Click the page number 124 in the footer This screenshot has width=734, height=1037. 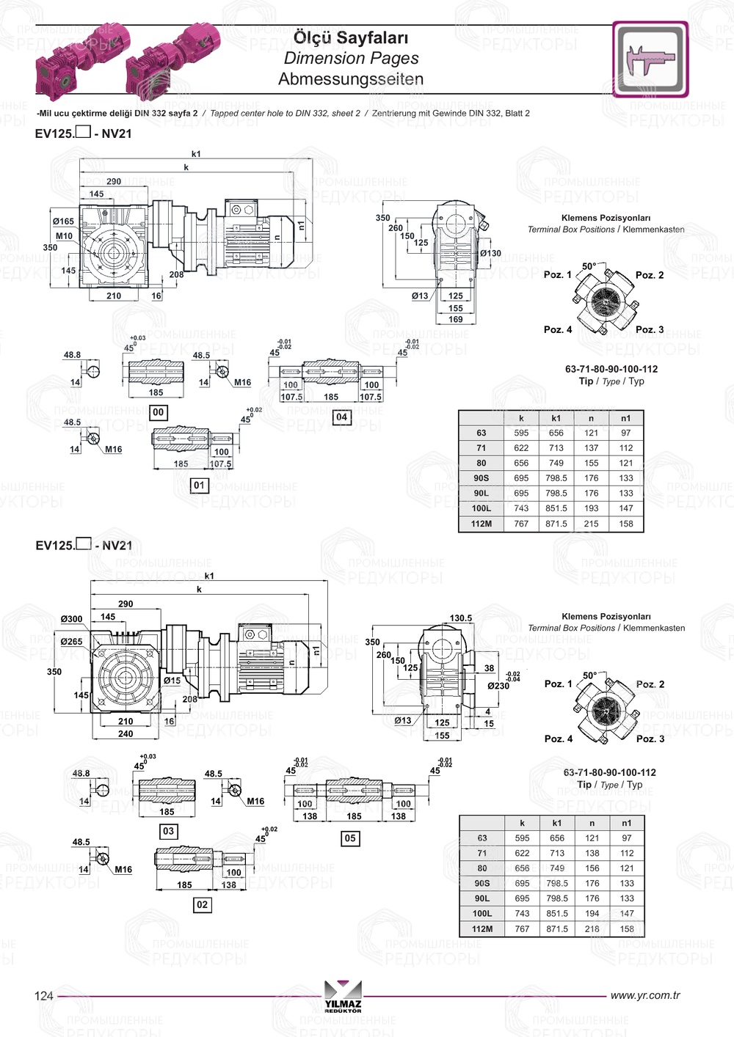[44, 995]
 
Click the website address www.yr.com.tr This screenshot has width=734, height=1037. [644, 995]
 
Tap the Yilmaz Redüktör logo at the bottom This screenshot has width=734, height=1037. [343, 996]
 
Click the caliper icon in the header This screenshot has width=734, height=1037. [650, 59]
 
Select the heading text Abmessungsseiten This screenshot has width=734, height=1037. [350, 79]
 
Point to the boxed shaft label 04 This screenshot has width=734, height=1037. [341, 417]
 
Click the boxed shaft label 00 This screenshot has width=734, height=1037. [159, 412]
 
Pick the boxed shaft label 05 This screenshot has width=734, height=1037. [350, 838]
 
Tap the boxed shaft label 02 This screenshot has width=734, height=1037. [202, 905]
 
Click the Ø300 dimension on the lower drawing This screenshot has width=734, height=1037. [72, 619]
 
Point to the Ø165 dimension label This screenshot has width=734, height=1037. [63, 221]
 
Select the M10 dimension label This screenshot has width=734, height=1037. [64, 236]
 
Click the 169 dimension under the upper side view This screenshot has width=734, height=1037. [456, 319]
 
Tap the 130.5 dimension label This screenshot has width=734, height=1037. [460, 618]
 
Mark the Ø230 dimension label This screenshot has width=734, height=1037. [498, 686]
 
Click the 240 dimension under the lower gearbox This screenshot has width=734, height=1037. [126, 733]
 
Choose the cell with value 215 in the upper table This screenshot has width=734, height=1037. [591, 524]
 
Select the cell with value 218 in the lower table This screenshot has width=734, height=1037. [592, 928]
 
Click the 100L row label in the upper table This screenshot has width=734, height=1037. [482, 508]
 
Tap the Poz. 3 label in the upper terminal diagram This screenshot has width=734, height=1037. [650, 329]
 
